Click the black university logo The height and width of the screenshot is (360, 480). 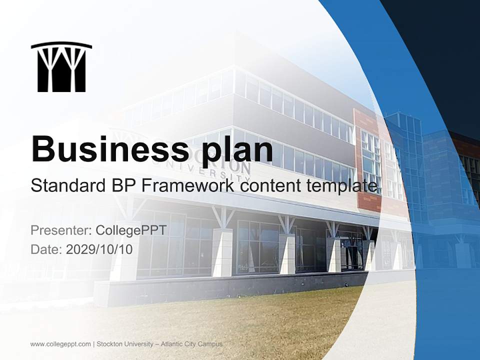(61, 67)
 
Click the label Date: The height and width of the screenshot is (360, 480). (46, 249)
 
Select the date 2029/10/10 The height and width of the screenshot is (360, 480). (99, 249)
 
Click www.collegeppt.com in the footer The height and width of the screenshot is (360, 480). (60, 344)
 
